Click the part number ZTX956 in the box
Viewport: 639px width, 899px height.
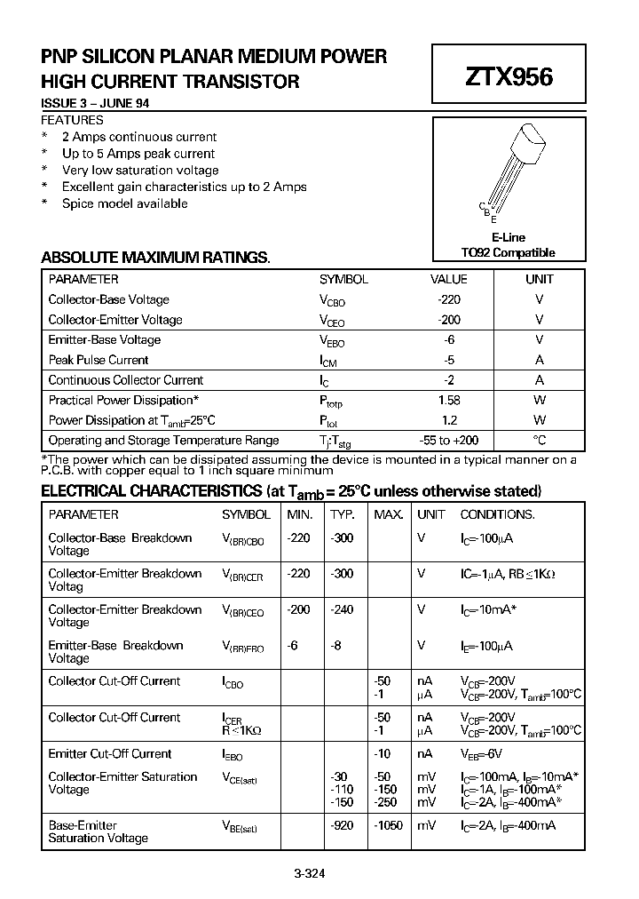(509, 77)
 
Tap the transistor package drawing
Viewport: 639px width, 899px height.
(513, 169)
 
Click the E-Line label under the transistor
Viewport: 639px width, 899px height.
(508, 237)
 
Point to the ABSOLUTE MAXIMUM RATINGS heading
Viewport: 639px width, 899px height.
(155, 258)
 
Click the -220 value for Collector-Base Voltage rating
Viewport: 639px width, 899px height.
(449, 299)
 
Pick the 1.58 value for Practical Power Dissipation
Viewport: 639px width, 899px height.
(449, 400)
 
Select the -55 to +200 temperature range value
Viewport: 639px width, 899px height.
(449, 440)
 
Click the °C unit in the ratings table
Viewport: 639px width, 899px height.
(539, 440)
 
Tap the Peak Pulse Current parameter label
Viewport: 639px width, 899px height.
(99, 360)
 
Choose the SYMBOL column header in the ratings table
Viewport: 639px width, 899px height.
(343, 279)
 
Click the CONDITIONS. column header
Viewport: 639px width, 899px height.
(497, 514)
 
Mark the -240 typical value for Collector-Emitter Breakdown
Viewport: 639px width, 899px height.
(342, 609)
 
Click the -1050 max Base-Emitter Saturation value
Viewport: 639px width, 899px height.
(387, 825)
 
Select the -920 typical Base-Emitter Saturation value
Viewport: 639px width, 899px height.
(342, 825)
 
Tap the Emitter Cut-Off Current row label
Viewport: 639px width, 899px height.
(110, 753)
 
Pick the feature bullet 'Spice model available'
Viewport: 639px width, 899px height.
(124, 203)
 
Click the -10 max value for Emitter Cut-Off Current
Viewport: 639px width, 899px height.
(383, 753)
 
